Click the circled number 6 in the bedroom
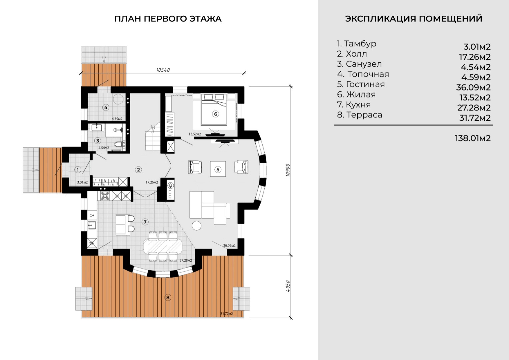tap(215, 114)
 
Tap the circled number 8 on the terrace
tap(168, 298)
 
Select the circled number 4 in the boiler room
tap(106, 107)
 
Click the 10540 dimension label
tap(163, 70)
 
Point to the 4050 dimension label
tap(288, 286)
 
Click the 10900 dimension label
tap(288, 170)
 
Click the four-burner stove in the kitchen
tap(105, 196)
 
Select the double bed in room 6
tap(214, 109)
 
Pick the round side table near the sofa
tap(196, 226)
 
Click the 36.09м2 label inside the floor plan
tap(229, 246)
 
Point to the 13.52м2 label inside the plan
tap(195, 134)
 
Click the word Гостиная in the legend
tap(365, 84)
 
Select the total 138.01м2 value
tap(473, 138)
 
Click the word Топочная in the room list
tap(368, 74)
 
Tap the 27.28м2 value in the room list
tap(474, 108)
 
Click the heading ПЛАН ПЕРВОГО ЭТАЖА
tap(168, 19)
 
